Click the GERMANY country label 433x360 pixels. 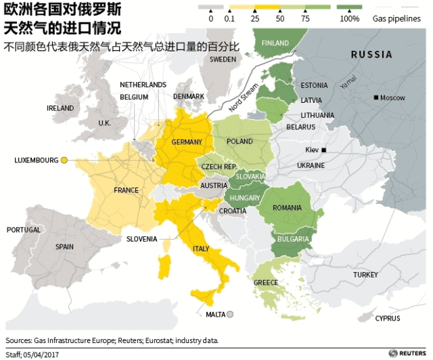point(187,142)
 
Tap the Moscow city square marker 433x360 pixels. point(376,98)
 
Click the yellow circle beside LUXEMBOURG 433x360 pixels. point(64,160)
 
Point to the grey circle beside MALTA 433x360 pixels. point(230,314)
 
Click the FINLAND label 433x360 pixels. point(275,43)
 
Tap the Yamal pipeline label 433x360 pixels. point(348,83)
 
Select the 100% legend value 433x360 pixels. point(349,19)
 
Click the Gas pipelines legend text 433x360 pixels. point(396,19)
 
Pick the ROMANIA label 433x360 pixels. point(287,208)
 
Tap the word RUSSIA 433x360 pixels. point(371,55)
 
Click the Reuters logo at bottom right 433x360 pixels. point(407,353)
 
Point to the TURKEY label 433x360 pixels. point(365,275)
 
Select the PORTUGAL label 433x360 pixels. point(24,230)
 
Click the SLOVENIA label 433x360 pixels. point(141,239)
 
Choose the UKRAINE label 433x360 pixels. point(311,165)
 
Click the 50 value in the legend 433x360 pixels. point(280,19)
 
